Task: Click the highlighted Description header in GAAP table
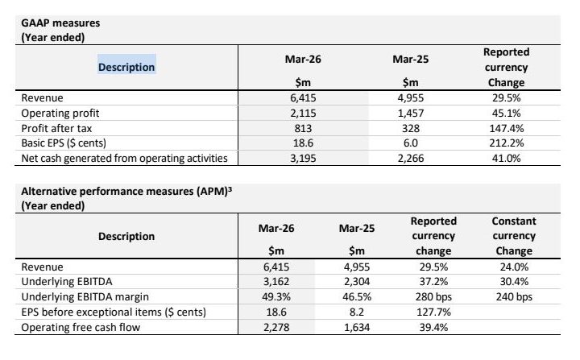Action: [126, 67]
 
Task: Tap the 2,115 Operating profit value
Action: [303, 113]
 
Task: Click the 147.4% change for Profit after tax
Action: [506, 128]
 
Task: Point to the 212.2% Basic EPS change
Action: [506, 143]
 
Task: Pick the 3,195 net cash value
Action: [303, 158]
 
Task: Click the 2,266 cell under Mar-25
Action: [411, 158]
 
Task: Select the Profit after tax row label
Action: [56, 128]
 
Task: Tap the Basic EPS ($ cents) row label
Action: [64, 143]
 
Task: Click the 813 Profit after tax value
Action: [303, 128]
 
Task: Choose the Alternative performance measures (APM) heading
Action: [126, 192]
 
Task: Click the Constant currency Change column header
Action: [514, 236]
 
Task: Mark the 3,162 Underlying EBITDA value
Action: [276, 282]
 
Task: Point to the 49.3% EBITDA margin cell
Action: [276, 296]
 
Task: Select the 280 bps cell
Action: [433, 296]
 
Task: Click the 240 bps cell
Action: [514, 296]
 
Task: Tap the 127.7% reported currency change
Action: [433, 312]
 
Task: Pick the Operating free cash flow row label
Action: [81, 327]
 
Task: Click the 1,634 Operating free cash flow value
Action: [357, 327]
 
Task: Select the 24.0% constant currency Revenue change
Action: [514, 267]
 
